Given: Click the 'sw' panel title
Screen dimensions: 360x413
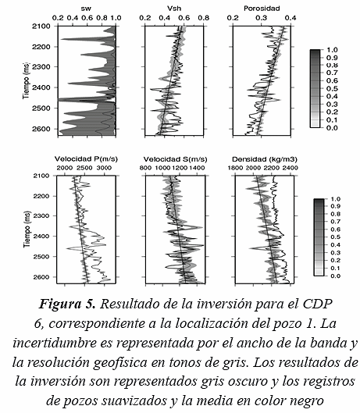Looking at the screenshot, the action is click(x=86, y=9).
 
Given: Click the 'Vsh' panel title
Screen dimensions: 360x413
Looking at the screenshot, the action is click(x=174, y=9).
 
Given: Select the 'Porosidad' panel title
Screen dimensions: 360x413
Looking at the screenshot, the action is click(x=262, y=9).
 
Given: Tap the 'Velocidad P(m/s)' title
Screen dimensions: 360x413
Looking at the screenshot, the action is click(x=86, y=159).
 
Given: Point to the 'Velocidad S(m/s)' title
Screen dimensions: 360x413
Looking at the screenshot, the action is click(x=175, y=159).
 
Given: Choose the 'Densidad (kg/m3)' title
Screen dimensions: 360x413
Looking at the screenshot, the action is click(x=265, y=159).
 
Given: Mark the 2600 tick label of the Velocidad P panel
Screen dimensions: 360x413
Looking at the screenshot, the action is click(x=41, y=277).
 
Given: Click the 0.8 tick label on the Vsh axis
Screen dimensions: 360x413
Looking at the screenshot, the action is click(x=203, y=18).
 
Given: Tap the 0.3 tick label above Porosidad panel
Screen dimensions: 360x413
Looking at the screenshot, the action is click(x=262, y=18).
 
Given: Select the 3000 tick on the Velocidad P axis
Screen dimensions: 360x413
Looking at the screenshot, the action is click(x=104, y=168).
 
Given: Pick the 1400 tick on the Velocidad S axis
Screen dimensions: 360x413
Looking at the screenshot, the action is click(x=196, y=168).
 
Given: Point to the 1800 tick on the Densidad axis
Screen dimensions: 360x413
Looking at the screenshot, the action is click(x=235, y=168).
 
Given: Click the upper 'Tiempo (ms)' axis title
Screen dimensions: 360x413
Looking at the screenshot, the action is click(x=27, y=81).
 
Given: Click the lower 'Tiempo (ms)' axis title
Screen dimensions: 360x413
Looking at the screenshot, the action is click(x=27, y=230).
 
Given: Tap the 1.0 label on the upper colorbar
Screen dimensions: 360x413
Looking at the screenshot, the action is click(x=332, y=50).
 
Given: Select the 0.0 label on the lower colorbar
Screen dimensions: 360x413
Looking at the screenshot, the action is click(x=335, y=276).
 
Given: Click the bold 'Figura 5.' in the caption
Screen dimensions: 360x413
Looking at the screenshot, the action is click(x=67, y=304).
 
